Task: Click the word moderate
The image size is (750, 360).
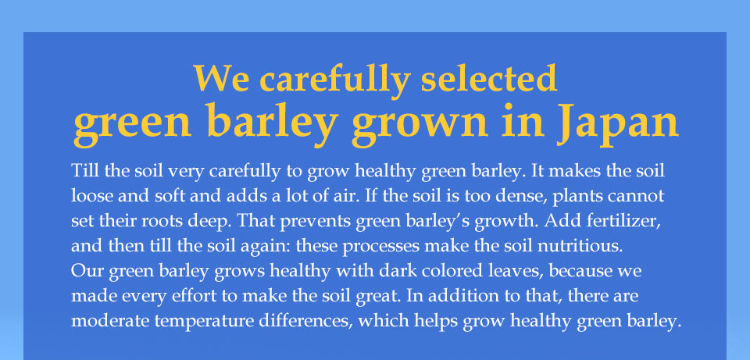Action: [110, 321]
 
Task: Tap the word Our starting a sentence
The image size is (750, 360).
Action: [87, 271]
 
